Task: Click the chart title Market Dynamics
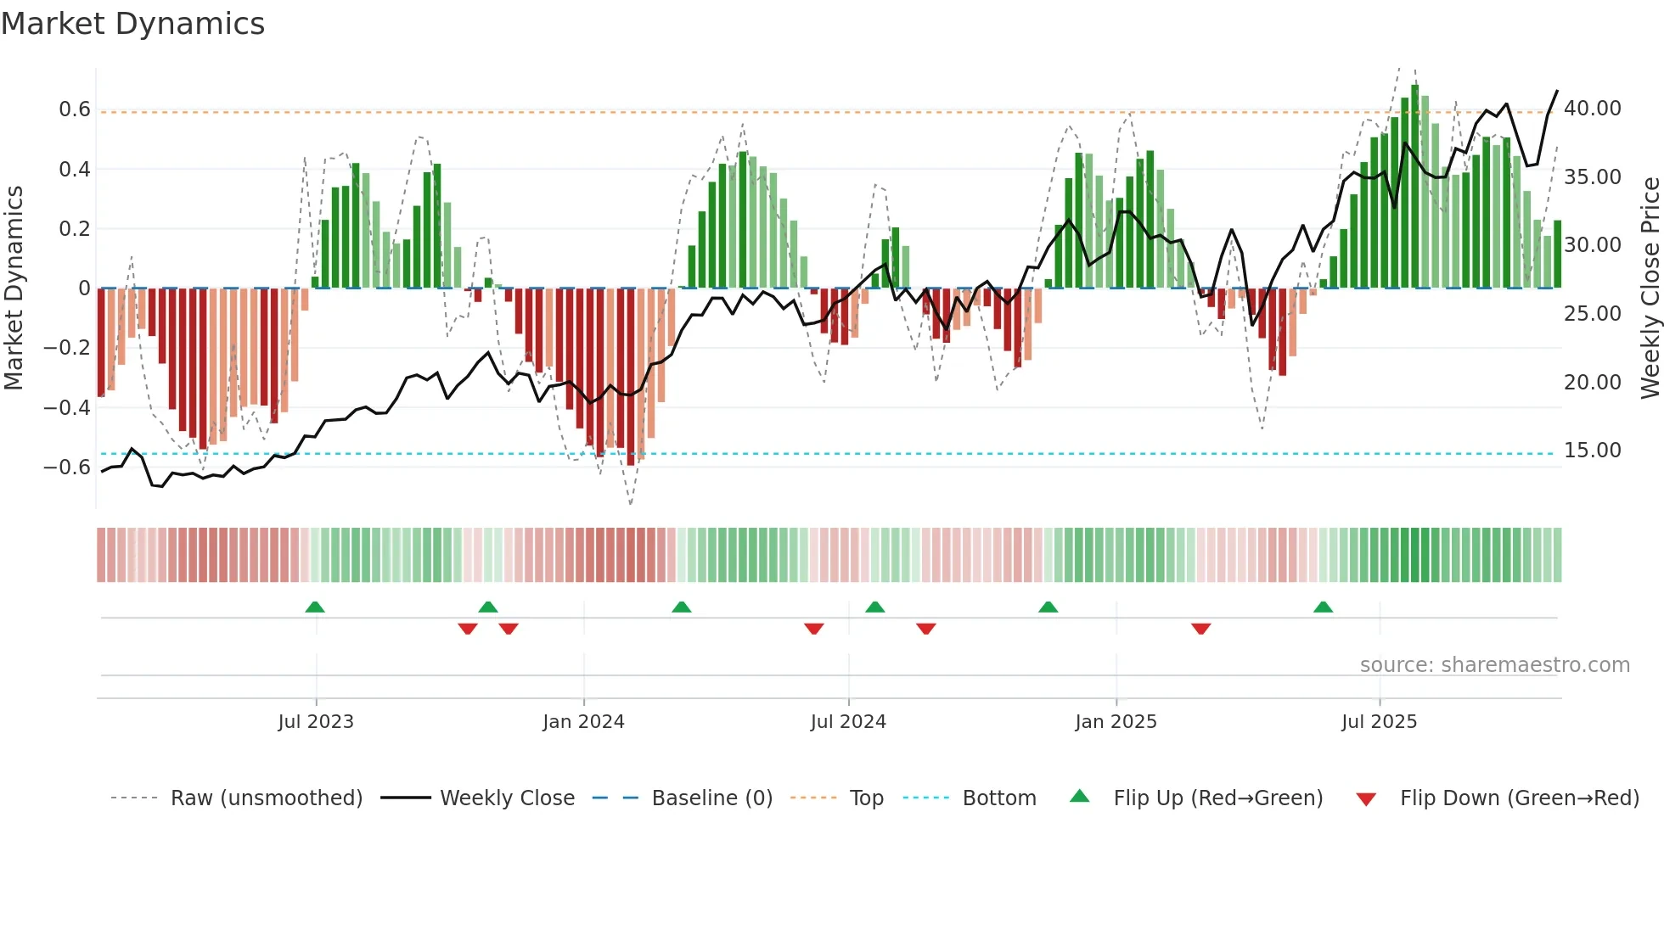click(132, 24)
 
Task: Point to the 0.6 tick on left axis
click(74, 109)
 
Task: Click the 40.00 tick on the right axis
click(1592, 109)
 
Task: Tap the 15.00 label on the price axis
click(1592, 451)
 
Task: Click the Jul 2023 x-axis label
click(315, 722)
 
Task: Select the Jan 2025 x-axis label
click(1115, 722)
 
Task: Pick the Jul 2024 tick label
click(847, 722)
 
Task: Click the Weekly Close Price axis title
click(1650, 288)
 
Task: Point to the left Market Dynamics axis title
click(14, 288)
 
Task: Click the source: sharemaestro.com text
click(1494, 665)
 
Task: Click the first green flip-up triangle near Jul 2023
click(315, 607)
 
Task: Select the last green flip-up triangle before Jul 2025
click(1323, 607)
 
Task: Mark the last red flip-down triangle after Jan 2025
click(1200, 629)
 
